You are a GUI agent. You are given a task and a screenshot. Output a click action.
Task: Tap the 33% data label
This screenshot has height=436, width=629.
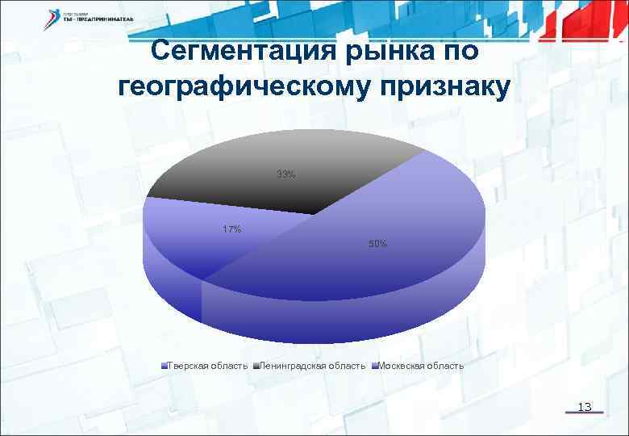coord(285,174)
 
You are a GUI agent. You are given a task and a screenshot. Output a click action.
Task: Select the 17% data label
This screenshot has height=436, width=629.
coord(231,229)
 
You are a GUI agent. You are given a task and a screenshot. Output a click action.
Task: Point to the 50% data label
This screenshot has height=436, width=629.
coord(377,243)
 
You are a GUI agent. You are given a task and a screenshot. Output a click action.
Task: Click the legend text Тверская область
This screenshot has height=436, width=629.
coord(208,366)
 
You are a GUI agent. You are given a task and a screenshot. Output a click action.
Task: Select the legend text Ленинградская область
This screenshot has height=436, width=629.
coord(317,366)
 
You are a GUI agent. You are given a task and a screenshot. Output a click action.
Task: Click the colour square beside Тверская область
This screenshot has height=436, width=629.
coord(165,366)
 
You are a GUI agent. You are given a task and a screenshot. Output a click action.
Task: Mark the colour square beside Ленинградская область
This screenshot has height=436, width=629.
coord(256,366)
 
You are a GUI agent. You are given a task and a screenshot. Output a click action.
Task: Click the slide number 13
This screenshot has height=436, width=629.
coord(586,407)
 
